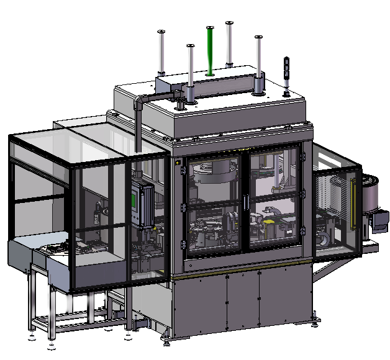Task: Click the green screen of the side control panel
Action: (x=134, y=201)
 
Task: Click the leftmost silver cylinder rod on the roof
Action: (x=161, y=53)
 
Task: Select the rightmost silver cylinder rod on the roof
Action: (x=258, y=63)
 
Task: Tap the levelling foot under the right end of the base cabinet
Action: (x=316, y=322)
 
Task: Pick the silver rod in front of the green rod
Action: (x=190, y=71)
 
